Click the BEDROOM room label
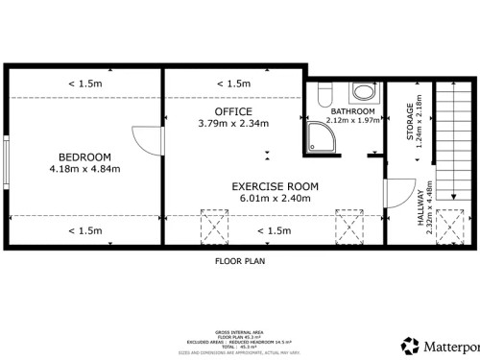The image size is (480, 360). (84, 157)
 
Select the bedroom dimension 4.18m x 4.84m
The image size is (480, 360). (84, 170)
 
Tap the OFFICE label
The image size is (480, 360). (233, 111)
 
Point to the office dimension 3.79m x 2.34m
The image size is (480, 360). (233, 124)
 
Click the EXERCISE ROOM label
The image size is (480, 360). (274, 186)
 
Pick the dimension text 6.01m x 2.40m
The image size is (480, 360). (274, 199)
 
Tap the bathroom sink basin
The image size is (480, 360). (365, 92)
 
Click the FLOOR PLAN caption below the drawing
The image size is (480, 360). (240, 260)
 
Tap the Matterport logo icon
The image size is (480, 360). (410, 345)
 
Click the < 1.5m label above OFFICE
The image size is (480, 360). (234, 84)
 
